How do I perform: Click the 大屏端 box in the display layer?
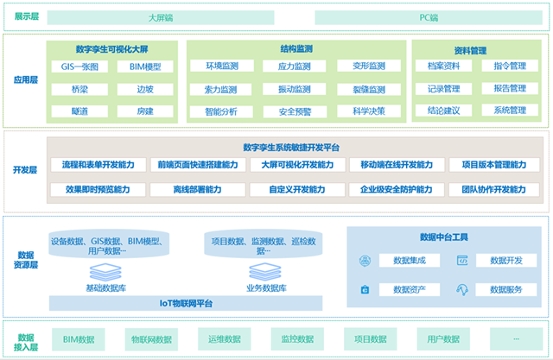(x=161, y=17)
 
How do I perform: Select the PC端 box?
(x=428, y=17)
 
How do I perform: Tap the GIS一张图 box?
(x=79, y=66)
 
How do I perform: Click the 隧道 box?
(x=79, y=111)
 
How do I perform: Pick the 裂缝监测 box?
(x=368, y=89)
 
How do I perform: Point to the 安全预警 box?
(x=295, y=111)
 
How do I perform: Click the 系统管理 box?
(x=510, y=111)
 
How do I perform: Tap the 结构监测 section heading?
(x=296, y=48)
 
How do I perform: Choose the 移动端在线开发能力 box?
(x=397, y=165)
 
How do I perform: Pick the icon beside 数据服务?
(x=463, y=289)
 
